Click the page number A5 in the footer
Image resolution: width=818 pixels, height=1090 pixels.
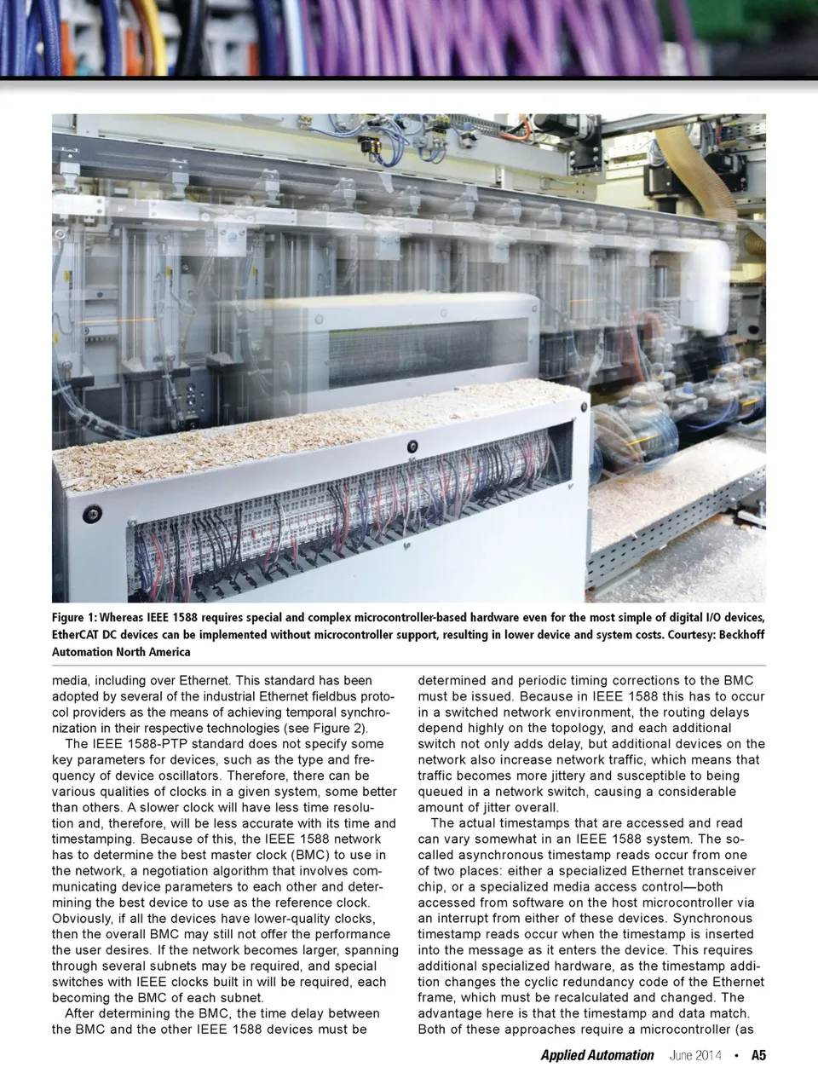click(x=758, y=1055)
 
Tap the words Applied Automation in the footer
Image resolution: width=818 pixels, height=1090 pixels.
click(x=596, y=1055)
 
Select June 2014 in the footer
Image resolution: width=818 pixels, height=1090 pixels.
click(x=695, y=1055)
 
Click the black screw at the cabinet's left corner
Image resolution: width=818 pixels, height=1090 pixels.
click(x=88, y=514)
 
